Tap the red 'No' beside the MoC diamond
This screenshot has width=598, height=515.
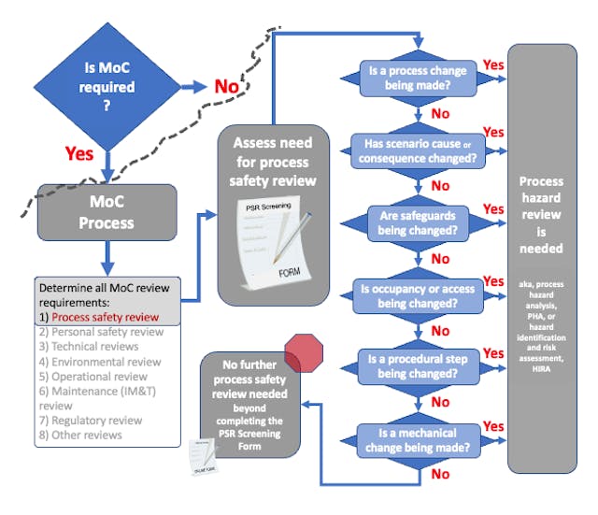[x=227, y=86]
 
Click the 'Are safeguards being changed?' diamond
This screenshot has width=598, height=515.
[x=420, y=222]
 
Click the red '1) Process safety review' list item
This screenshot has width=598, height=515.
[x=97, y=317]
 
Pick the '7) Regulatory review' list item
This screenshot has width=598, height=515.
[x=91, y=421]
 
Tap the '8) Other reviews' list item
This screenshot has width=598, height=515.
[x=81, y=436]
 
